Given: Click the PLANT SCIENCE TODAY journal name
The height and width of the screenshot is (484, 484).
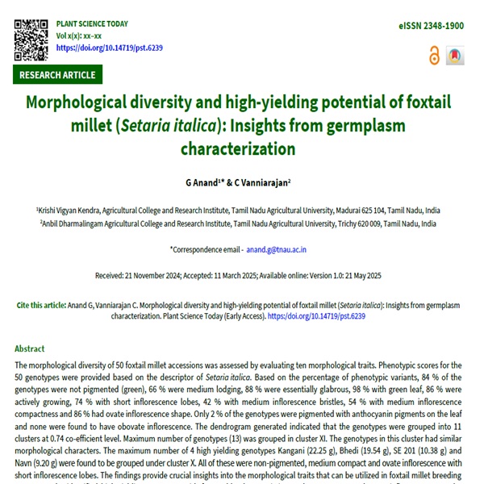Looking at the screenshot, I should (91, 24).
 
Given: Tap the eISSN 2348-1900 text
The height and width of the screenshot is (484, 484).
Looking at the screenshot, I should (431, 27).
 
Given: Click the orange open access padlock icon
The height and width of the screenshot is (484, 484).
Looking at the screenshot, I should (436, 56).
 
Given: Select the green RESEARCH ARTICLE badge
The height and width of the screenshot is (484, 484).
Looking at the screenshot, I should (57, 75).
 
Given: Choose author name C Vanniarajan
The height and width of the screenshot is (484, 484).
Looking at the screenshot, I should (265, 184).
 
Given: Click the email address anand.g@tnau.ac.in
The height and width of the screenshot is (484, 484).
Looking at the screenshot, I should (277, 251).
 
